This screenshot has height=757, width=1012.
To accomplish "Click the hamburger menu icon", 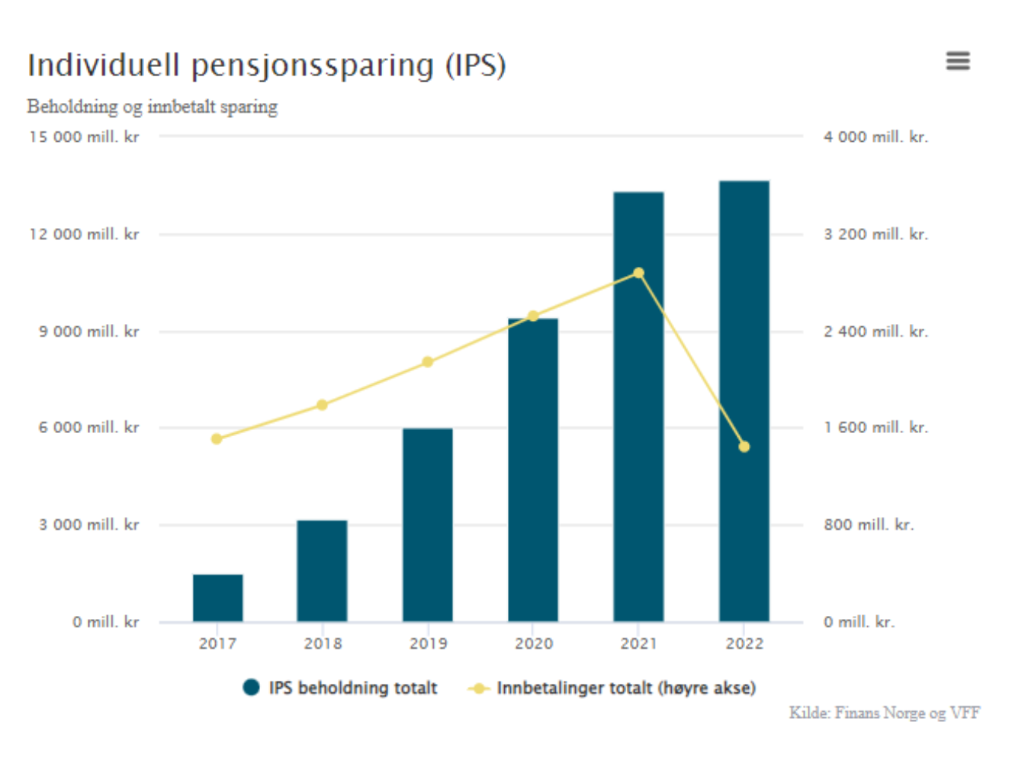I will [958, 61].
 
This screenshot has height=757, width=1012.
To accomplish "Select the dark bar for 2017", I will [218, 598].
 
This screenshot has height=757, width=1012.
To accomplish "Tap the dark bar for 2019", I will [428, 526].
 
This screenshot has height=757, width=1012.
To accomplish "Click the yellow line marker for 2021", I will [639, 273].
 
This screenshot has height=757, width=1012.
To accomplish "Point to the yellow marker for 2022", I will [744, 447].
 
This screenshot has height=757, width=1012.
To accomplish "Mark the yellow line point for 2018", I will [322, 405].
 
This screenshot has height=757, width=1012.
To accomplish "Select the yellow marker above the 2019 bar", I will [428, 362].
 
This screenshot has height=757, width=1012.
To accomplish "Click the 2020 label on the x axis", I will [534, 644].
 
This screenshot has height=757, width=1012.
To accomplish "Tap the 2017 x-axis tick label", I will [218, 644].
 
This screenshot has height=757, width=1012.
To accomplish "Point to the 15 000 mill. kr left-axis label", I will [84, 137].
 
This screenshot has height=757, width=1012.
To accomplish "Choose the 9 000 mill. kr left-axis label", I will [89, 332].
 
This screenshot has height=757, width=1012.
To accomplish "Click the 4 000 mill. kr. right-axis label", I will [875, 137].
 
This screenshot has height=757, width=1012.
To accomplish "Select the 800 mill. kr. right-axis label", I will [869, 525].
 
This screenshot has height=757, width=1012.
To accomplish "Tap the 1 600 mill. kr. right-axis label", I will [875, 428].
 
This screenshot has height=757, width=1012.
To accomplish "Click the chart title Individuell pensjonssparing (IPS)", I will [267, 66].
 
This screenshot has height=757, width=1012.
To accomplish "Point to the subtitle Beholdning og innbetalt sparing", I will [153, 107].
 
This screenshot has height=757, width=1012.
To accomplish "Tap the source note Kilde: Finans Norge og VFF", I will [885, 714].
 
